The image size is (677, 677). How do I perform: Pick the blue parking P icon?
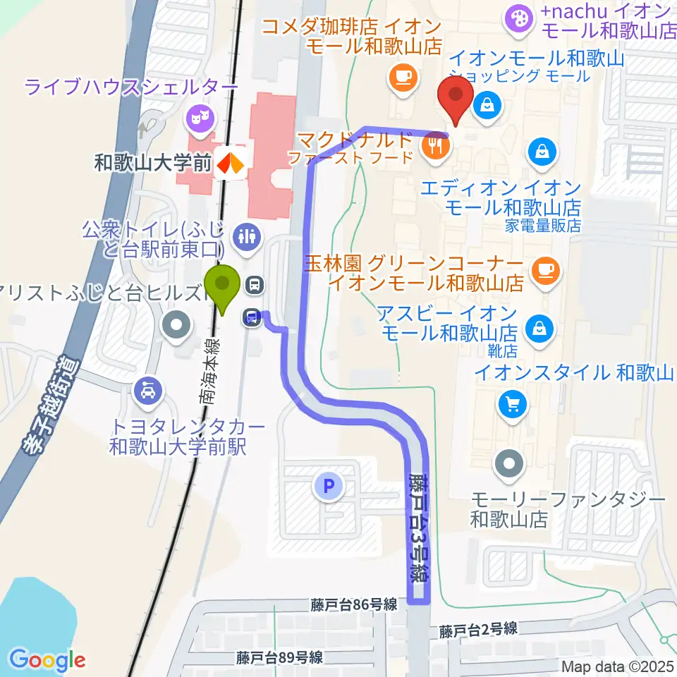click(x=327, y=485)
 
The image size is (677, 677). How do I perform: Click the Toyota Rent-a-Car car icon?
click(x=148, y=389)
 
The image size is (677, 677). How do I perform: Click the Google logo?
click(x=47, y=660)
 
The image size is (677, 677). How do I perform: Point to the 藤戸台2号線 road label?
click(x=477, y=629)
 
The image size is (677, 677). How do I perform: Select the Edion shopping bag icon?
click(x=541, y=152)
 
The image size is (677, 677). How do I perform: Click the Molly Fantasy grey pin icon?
click(x=509, y=464)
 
